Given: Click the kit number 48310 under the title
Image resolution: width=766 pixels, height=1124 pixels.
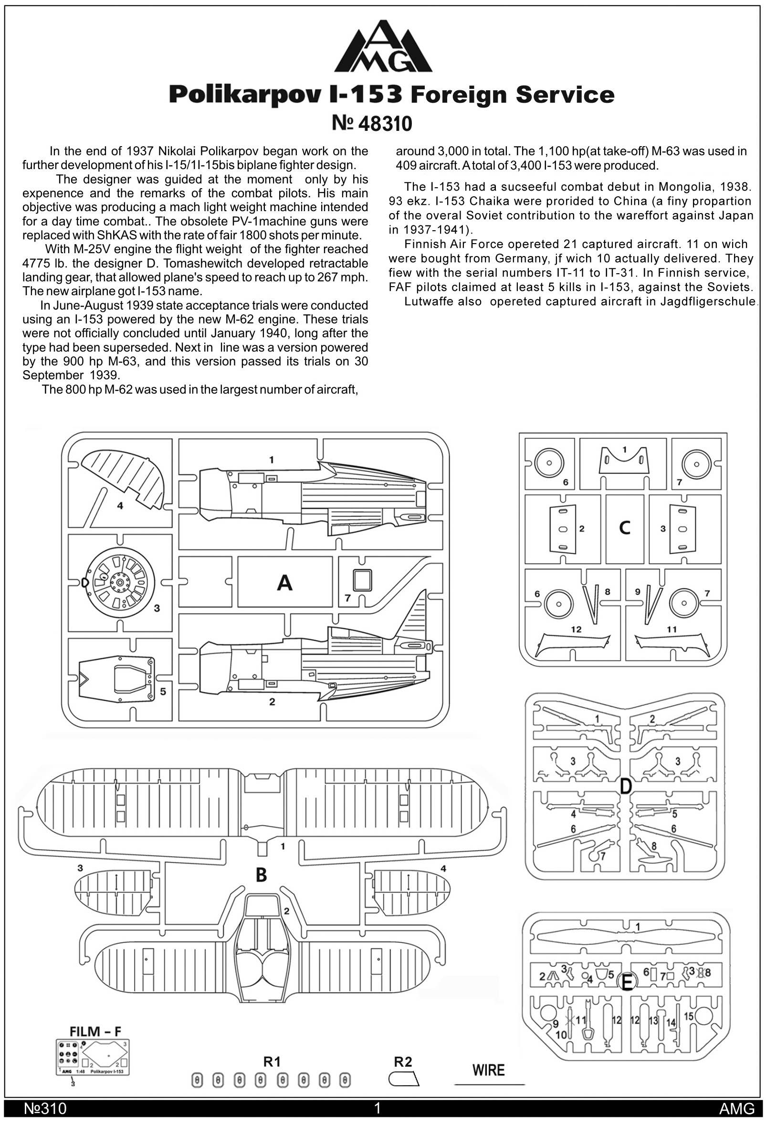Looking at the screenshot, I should (x=385, y=124).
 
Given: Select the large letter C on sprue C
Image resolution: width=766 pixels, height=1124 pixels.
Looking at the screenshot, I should (x=624, y=528).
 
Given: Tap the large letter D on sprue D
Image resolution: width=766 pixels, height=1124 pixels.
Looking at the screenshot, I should (x=625, y=787).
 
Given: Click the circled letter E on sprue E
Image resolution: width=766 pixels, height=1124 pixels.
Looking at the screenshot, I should (x=626, y=982).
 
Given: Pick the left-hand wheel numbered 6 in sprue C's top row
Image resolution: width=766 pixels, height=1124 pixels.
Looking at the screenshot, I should (x=549, y=462).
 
